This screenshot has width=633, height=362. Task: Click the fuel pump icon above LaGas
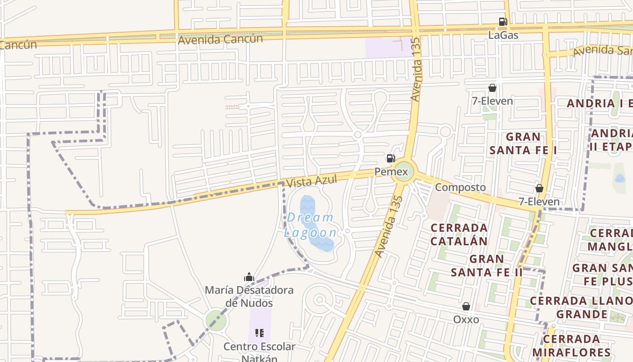[503, 22]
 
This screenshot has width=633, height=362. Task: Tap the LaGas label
[503, 35]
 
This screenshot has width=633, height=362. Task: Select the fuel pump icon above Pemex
[391, 158]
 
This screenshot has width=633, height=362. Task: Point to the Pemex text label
[391, 172]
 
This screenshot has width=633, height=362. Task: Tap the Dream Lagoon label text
[311, 225]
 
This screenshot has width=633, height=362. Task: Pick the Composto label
[460, 187]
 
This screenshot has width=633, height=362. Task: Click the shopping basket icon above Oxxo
[466, 307]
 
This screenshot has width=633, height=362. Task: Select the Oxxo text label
[466, 319]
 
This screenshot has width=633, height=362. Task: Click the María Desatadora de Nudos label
[249, 296]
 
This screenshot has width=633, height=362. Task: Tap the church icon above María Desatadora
[249, 277]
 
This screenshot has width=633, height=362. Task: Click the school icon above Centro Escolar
[260, 333]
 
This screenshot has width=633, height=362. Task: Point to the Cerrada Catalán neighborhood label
[459, 234]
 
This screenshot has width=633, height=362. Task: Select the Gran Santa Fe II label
[487, 266]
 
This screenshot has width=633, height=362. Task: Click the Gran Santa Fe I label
[523, 143]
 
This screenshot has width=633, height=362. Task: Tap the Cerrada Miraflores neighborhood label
[572, 346]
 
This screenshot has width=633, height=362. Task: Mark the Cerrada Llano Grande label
[581, 307]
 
